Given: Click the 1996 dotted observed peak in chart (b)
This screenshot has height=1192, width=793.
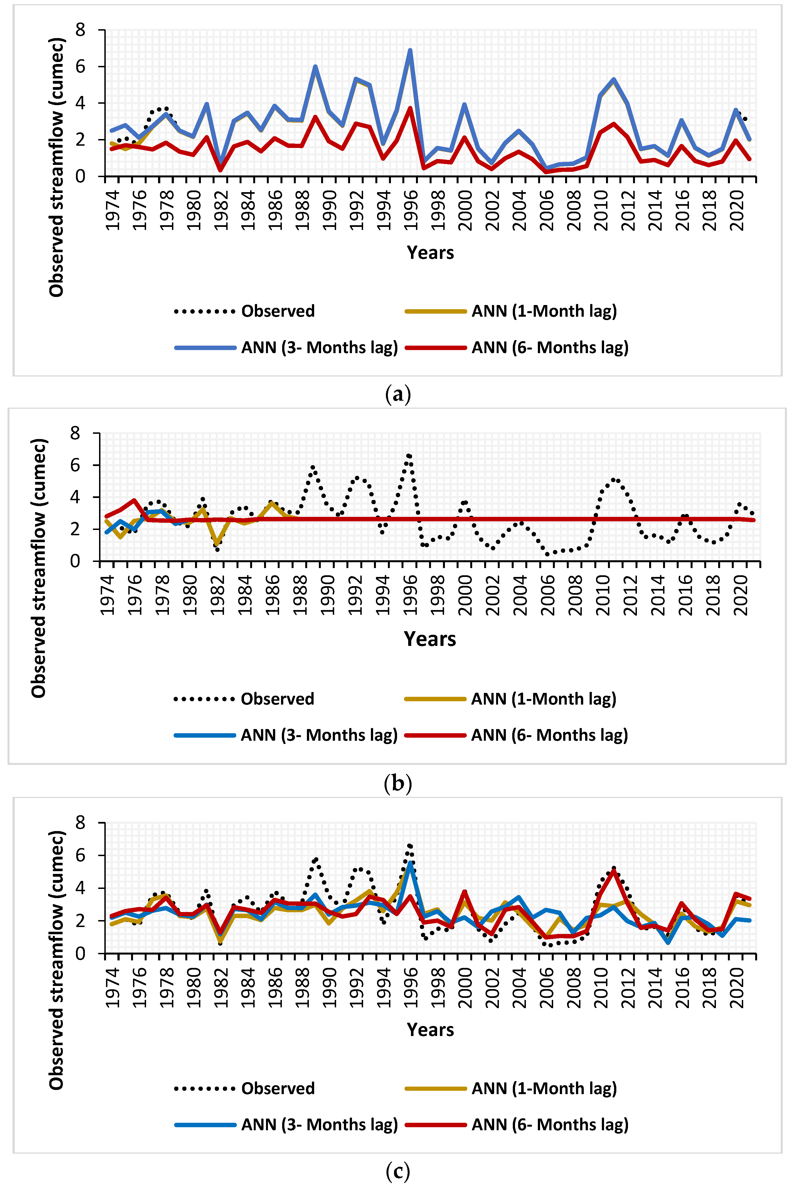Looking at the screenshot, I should pos(409,456).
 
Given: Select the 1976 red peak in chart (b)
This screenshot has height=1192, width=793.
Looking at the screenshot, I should pos(134,500).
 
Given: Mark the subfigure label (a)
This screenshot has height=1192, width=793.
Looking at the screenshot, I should pos(398,394).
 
